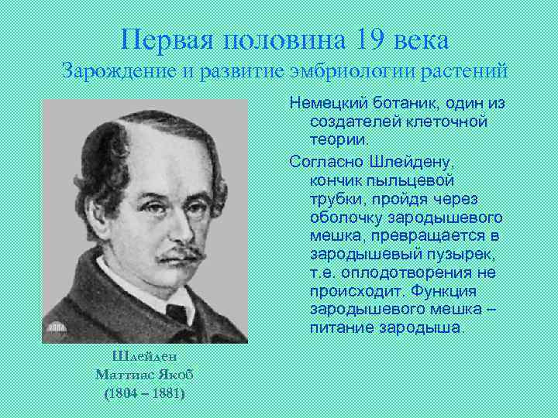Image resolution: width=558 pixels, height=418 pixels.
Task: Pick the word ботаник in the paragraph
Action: pyautogui.click(x=407, y=104)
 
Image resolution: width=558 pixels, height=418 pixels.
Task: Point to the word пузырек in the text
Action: pyautogui.click(x=459, y=254)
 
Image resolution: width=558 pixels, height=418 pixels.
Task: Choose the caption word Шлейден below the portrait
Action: pyautogui.click(x=144, y=357)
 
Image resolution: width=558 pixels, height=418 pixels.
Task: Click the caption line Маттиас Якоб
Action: pyautogui.click(x=144, y=375)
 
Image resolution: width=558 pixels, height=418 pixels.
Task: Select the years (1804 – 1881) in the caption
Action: pyautogui.click(x=144, y=392)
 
